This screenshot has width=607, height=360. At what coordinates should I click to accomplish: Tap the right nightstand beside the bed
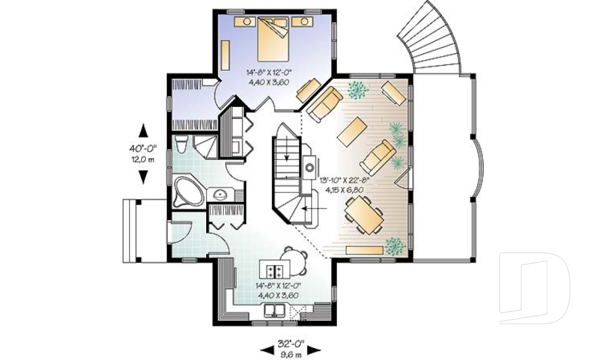[303, 22]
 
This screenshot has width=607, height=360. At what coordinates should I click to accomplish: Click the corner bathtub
[187, 191]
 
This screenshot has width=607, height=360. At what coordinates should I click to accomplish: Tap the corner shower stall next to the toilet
[206, 147]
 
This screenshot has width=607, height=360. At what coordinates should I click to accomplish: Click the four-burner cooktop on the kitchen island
[274, 270]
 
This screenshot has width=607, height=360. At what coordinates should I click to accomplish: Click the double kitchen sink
[273, 310]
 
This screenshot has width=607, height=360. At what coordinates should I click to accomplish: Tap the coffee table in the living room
[352, 130]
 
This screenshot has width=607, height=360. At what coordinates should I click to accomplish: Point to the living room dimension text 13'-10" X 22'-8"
[344, 184]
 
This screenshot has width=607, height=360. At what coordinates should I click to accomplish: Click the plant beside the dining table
[395, 245]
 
